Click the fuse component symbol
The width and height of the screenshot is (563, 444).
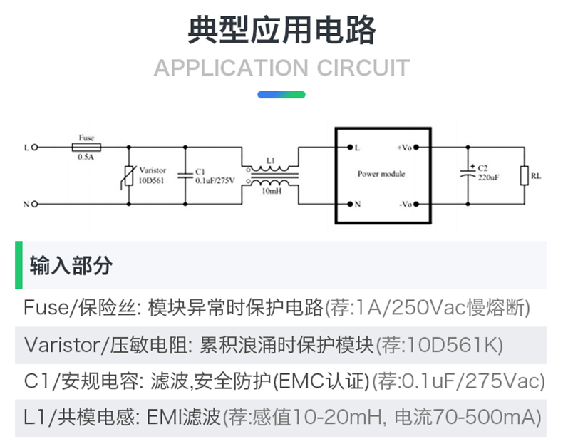pyautogui.click(x=86, y=148)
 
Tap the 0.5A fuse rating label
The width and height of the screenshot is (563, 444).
pyautogui.click(x=86, y=157)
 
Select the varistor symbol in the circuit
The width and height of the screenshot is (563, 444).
pyautogui.click(x=128, y=175)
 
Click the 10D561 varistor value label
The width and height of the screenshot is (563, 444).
pyautogui.click(x=151, y=181)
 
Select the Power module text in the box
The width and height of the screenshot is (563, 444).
pyautogui.click(x=381, y=174)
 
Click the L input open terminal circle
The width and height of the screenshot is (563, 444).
pyautogui.click(x=33, y=148)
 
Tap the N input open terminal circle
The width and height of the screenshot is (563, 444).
pyautogui.click(x=33, y=205)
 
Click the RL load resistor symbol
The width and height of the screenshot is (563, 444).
pyautogui.click(x=524, y=175)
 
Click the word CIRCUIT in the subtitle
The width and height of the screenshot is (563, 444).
pyautogui.click(x=363, y=68)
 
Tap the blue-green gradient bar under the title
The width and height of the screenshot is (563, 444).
pyautogui.click(x=281, y=94)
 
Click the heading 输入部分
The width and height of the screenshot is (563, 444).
pyautogui.click(x=71, y=266)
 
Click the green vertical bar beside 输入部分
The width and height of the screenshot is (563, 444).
pyautogui.click(x=19, y=265)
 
